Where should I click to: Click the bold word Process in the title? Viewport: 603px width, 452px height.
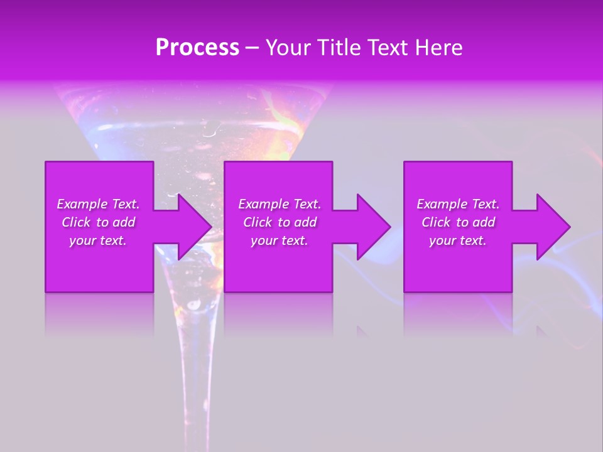pyautogui.click(x=197, y=48)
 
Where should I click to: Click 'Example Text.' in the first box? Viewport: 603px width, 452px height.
pyautogui.click(x=98, y=204)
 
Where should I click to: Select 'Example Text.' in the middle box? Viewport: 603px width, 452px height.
pyautogui.click(x=280, y=204)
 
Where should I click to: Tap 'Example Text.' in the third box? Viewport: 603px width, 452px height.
pyautogui.click(x=458, y=204)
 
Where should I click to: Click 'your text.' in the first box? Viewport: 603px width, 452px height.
pyautogui.click(x=98, y=240)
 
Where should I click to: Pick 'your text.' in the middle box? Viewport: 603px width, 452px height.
pyautogui.click(x=280, y=240)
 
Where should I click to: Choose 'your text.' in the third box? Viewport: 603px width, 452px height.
pyautogui.click(x=458, y=240)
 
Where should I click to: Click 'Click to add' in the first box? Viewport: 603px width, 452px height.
pyautogui.click(x=98, y=222)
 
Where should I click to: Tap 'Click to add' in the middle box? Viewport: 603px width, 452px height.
pyautogui.click(x=280, y=222)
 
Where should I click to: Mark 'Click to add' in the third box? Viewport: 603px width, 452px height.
pyautogui.click(x=458, y=222)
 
